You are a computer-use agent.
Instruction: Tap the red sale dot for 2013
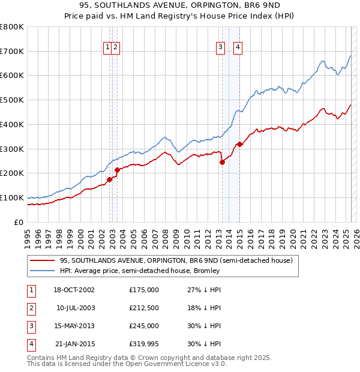(222, 162)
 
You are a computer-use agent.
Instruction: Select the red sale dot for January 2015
(239, 144)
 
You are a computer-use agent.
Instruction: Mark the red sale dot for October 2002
(110, 179)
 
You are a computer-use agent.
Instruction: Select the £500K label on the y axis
(12, 100)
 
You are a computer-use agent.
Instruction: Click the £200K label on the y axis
(12, 173)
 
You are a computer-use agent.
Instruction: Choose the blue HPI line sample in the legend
(42, 271)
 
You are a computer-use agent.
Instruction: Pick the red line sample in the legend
(42, 260)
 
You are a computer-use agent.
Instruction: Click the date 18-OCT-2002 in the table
(74, 290)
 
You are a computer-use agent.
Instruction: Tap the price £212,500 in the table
(144, 308)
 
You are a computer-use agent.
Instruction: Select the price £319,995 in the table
(144, 344)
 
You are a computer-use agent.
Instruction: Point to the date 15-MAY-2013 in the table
(74, 326)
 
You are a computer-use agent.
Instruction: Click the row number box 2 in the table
(31, 308)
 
